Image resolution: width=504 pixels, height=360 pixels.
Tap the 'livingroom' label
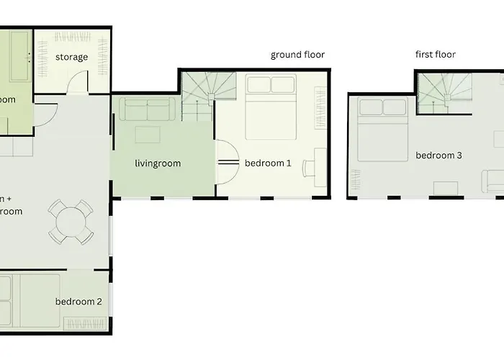coord(158,163)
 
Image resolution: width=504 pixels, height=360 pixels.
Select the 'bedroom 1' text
coord(268,163)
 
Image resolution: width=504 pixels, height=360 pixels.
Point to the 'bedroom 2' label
coord(78,301)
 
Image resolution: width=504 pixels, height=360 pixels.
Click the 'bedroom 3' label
coord(438,156)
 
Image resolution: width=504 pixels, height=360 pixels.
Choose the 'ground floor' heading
coord(297,55)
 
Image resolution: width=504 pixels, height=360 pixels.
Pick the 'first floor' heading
coord(436,55)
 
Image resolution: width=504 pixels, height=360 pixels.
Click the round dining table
coord(70,222)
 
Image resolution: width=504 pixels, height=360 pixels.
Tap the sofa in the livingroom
coord(147,109)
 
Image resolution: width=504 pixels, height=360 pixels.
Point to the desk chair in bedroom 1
coord(307,168)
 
